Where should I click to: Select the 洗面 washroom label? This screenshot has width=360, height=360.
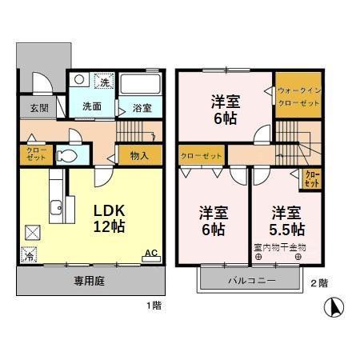tap(90, 106)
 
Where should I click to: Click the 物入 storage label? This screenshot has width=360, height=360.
tap(139, 154)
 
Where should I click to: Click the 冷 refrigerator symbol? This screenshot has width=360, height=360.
tap(29, 258)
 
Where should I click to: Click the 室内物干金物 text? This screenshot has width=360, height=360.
tap(280, 247)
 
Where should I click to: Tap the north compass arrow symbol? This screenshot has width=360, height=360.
tap(334, 306)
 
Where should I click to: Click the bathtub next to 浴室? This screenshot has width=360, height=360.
tap(145, 84)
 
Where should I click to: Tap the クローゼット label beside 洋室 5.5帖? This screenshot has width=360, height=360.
tap(311, 177)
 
